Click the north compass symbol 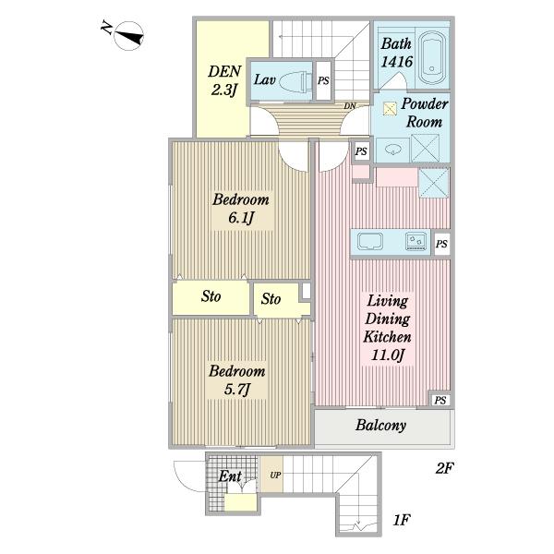pyautogui.click(x=128, y=36)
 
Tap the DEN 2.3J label pyautogui.click(x=224, y=80)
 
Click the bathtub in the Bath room pyautogui.click(x=432, y=58)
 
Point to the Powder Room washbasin pyautogui.click(x=393, y=150)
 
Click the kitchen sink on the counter pyautogui.click(x=370, y=242)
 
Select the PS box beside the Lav pyautogui.click(x=323, y=80)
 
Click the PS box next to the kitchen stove pyautogui.click(x=441, y=244)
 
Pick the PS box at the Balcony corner pyautogui.click(x=440, y=400)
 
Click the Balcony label pyautogui.click(x=380, y=425)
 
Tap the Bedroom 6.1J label pyautogui.click(x=241, y=209)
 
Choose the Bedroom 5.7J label pyautogui.click(x=237, y=380)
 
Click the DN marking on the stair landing pyautogui.click(x=350, y=105)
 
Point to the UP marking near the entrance pyautogui.click(x=275, y=476)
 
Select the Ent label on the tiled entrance pyautogui.click(x=230, y=476)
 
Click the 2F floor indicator pyautogui.click(x=444, y=468)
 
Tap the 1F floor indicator pyautogui.click(x=402, y=520)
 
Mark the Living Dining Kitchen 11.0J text pyautogui.click(x=388, y=328)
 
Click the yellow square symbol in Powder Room pyautogui.click(x=390, y=109)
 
